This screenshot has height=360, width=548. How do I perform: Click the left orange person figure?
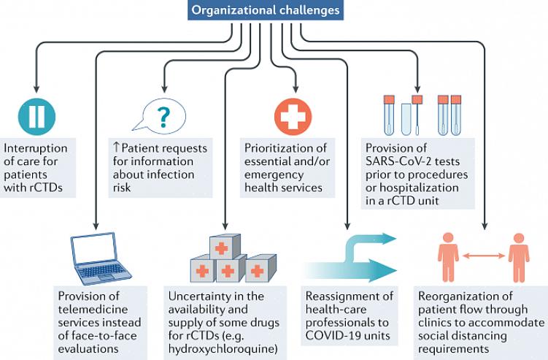[x=449, y=256]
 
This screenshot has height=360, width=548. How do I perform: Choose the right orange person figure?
[x=519, y=256]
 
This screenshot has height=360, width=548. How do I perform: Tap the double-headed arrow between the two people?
[x=484, y=256]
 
